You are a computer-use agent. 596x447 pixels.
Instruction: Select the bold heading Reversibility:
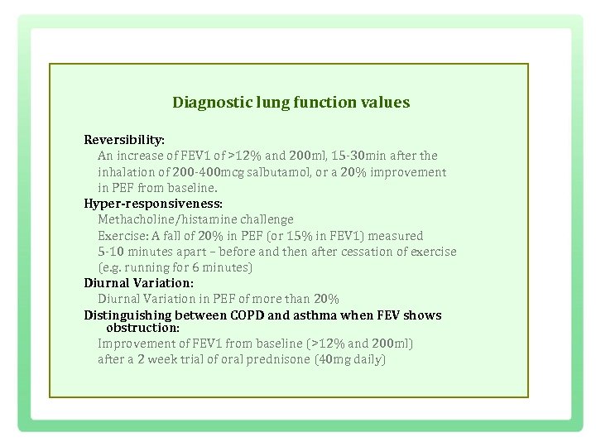coord(124,140)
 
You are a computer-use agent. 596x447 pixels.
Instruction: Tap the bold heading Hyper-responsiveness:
coord(153,203)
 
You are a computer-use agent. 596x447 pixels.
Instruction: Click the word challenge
coord(267,219)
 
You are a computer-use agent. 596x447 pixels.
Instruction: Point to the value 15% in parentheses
coord(296,236)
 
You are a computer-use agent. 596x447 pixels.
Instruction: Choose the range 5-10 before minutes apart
coord(112,252)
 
